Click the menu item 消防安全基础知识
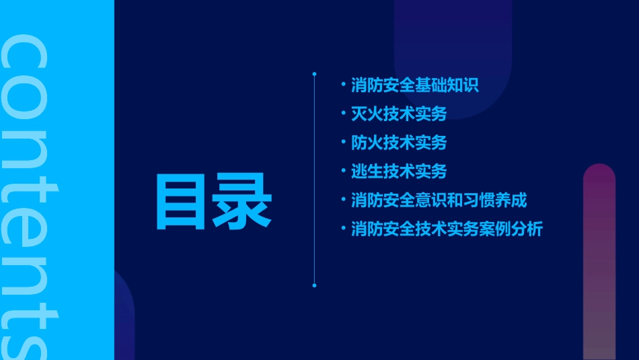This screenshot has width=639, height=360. click(414, 85)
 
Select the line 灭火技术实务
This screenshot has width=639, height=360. click(398, 114)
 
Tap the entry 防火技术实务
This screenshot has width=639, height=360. click(398, 143)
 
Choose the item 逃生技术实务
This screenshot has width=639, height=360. click(398, 172)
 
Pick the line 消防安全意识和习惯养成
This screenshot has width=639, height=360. click(439, 201)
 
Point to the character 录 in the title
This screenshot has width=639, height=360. click(242, 201)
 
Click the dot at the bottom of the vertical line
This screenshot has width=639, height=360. click(314, 285)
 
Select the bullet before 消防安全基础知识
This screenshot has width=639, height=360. click(343, 85)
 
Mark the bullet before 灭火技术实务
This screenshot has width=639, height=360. click(343, 114)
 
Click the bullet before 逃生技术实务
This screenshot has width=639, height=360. click(343, 171)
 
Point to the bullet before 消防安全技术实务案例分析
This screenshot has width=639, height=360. click(343, 229)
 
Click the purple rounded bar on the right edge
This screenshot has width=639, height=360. click(599, 262)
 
